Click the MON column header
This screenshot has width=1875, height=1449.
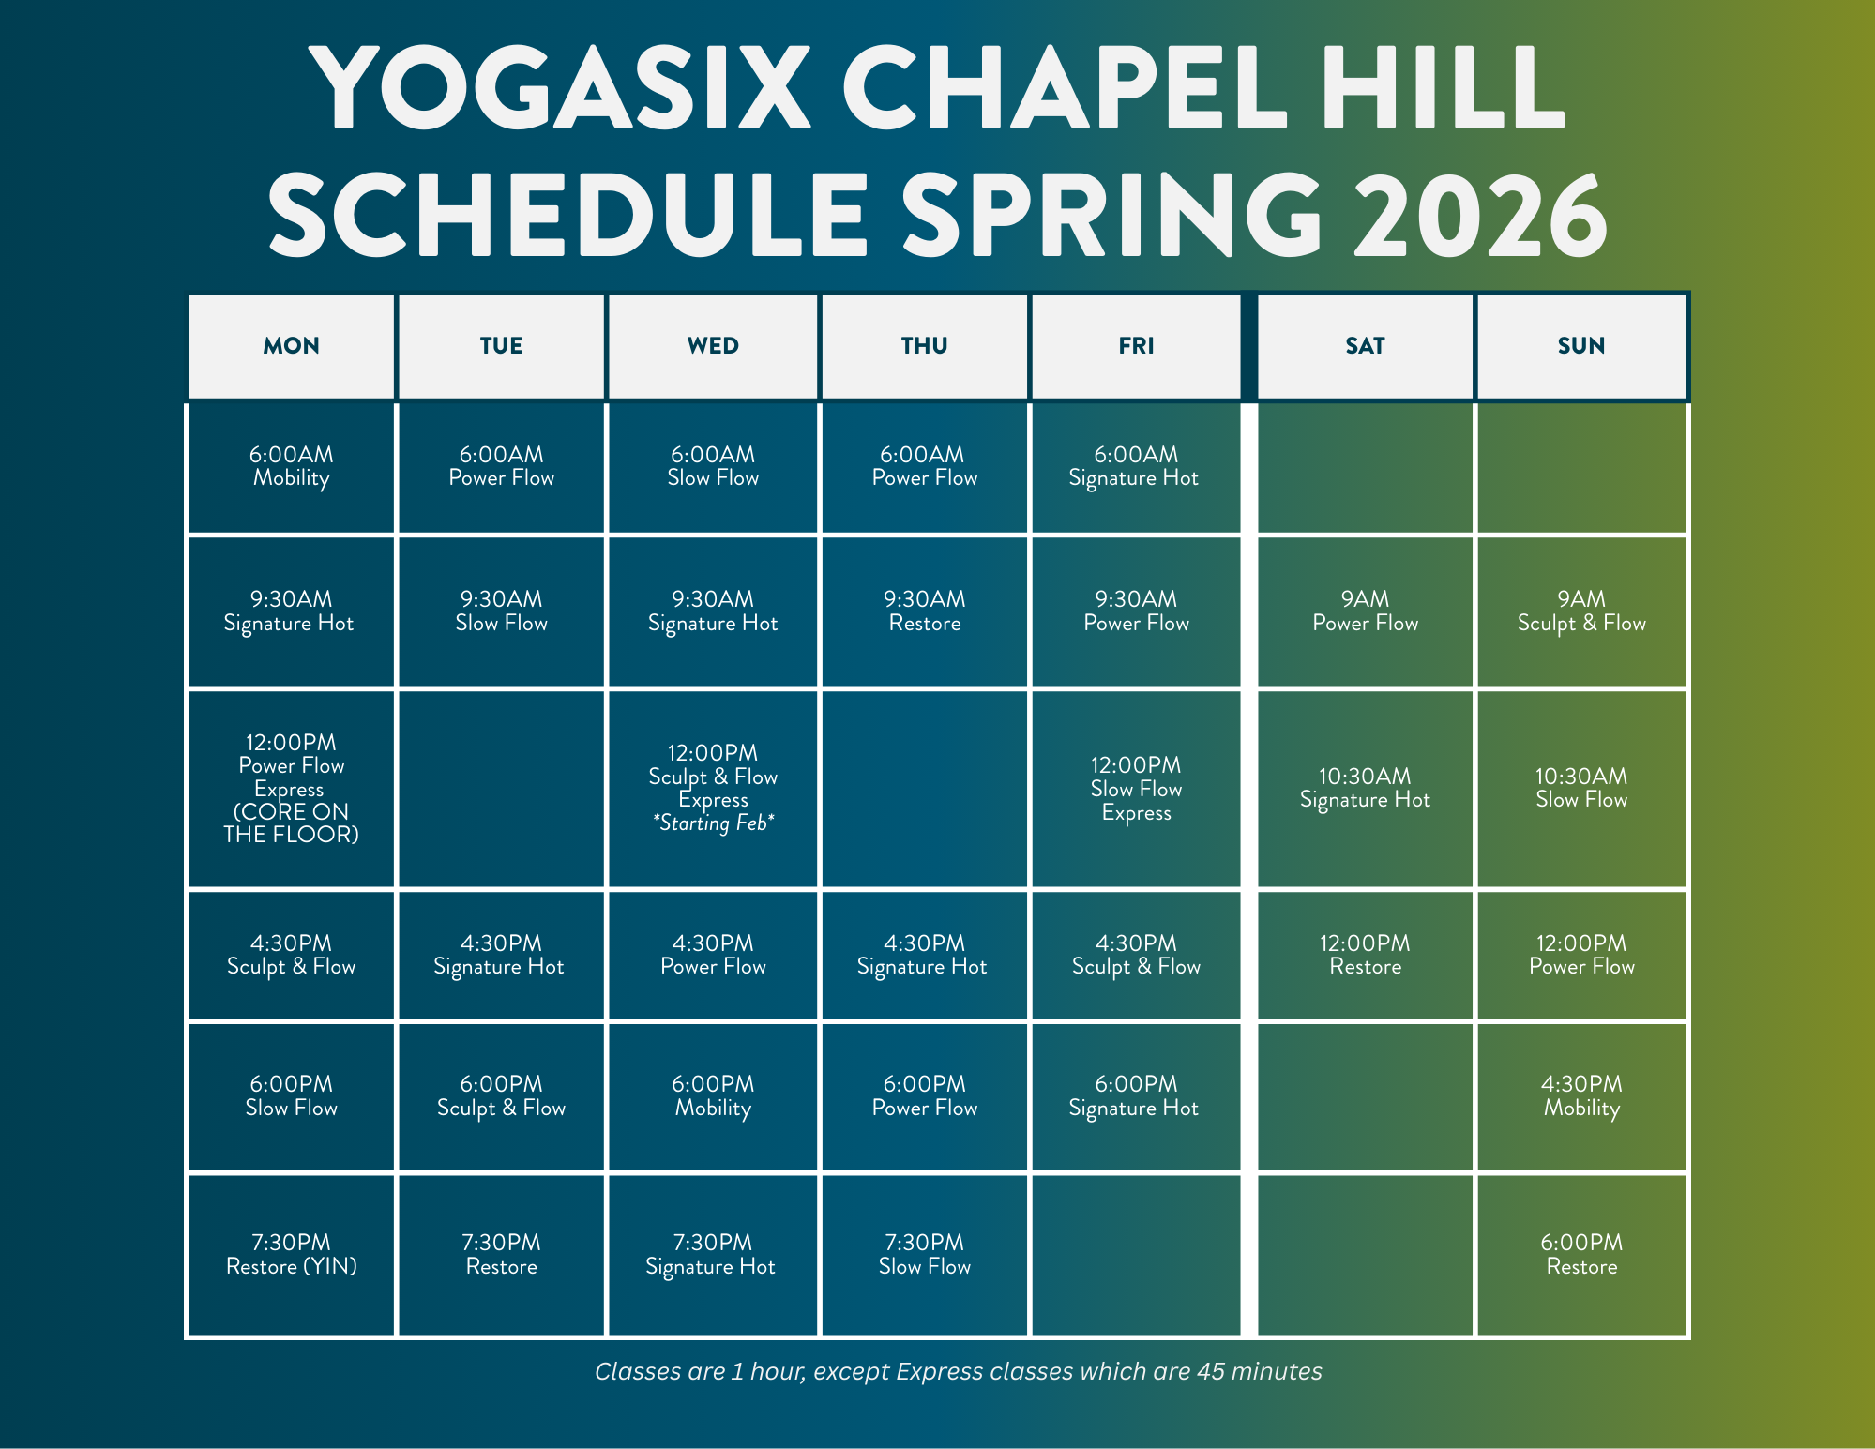[291, 346]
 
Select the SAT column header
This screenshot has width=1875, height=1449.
[1365, 346]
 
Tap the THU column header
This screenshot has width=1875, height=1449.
[924, 346]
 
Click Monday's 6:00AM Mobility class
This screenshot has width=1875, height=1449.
[291, 467]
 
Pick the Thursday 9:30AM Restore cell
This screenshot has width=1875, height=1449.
[924, 611]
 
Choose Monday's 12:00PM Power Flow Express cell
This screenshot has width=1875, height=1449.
[291, 789]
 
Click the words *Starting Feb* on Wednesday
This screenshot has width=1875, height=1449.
[713, 823]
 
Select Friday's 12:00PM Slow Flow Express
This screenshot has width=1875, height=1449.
[1136, 789]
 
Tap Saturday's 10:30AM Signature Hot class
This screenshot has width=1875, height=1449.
[1365, 789]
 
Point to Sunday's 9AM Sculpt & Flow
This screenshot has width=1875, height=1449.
[1581, 611]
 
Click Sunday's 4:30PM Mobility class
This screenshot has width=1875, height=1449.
[1581, 1096]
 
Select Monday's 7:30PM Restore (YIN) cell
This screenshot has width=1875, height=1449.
[291, 1255]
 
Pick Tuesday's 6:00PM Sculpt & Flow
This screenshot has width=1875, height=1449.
[501, 1096]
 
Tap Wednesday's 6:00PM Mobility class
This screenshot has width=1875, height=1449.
[713, 1096]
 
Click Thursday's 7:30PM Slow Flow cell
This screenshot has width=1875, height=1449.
[924, 1255]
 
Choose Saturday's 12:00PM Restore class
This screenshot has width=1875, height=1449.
[1365, 955]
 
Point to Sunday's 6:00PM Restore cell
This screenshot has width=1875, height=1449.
[1581, 1255]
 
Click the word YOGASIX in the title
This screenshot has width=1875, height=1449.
[560, 86]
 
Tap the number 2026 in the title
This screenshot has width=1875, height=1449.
[1480, 215]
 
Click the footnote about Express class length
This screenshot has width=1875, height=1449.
[959, 1372]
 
